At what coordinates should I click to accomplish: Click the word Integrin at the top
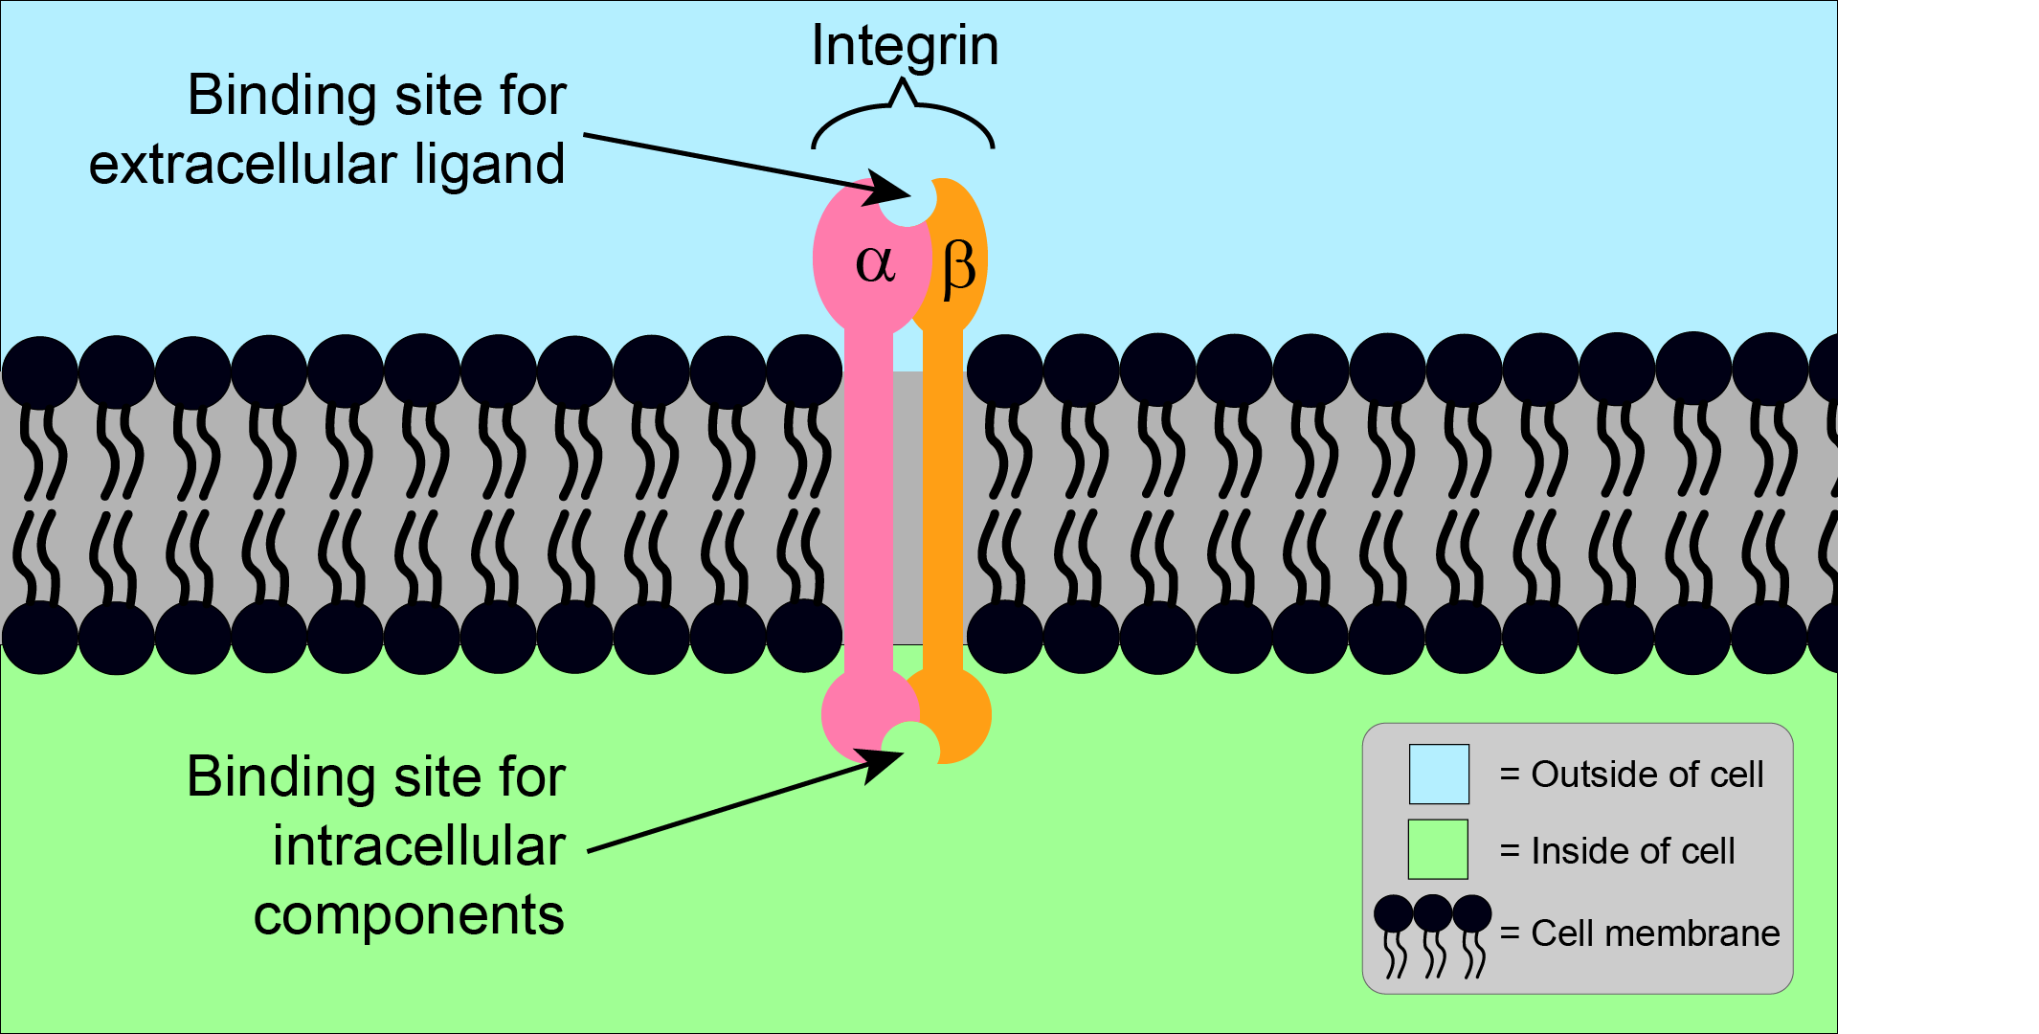905,45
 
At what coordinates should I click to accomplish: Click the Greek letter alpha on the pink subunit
875,262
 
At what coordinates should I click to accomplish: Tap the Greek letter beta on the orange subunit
958,267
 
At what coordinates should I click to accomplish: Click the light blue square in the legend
1439,774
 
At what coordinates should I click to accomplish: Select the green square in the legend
1438,849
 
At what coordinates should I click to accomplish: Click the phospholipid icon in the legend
1432,934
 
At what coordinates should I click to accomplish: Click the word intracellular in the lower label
419,845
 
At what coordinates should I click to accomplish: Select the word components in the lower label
409,915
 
